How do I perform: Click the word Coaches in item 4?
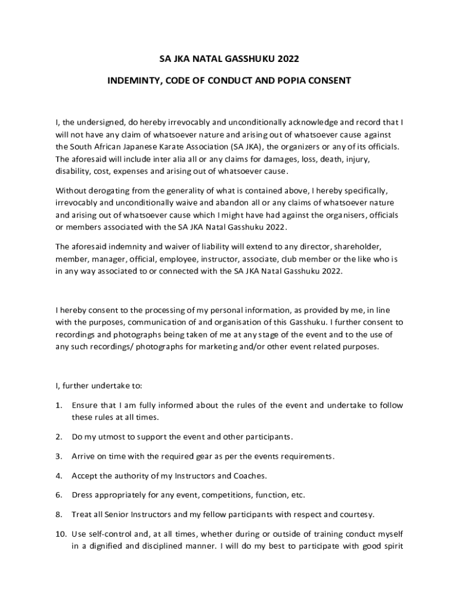[x=252, y=475]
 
